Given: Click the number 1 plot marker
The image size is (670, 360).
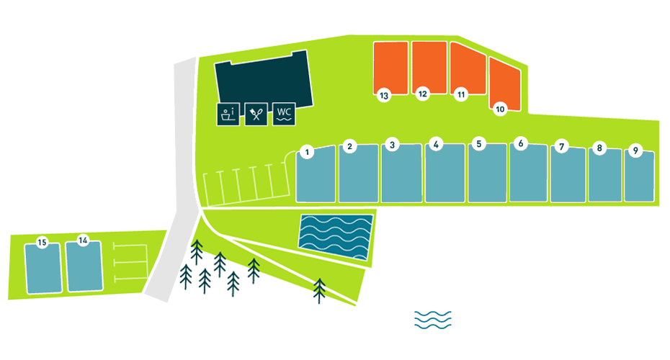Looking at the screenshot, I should tap(307, 152).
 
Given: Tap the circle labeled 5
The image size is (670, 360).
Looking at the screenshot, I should tap(478, 144).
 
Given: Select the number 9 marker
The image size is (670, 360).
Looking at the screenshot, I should tap(635, 150).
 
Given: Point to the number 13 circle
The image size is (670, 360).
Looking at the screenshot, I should tap(384, 95).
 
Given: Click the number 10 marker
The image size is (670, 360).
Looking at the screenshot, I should tap(500, 109).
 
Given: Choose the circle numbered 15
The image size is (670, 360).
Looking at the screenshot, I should tap(42, 243).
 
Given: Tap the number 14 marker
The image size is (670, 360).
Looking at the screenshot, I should tap(83, 240).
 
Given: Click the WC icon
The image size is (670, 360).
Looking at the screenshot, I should tap(284, 114).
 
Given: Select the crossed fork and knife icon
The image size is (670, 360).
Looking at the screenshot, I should tap(256, 114).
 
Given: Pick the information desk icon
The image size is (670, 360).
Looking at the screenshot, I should tap(228, 114).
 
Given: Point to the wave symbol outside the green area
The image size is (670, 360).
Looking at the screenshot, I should tap(432, 320).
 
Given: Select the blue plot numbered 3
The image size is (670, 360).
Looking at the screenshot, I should tap(401, 176).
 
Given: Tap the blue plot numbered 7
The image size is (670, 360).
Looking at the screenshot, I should tap(568, 178).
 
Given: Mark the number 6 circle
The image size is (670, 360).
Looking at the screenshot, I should tap(519, 143).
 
